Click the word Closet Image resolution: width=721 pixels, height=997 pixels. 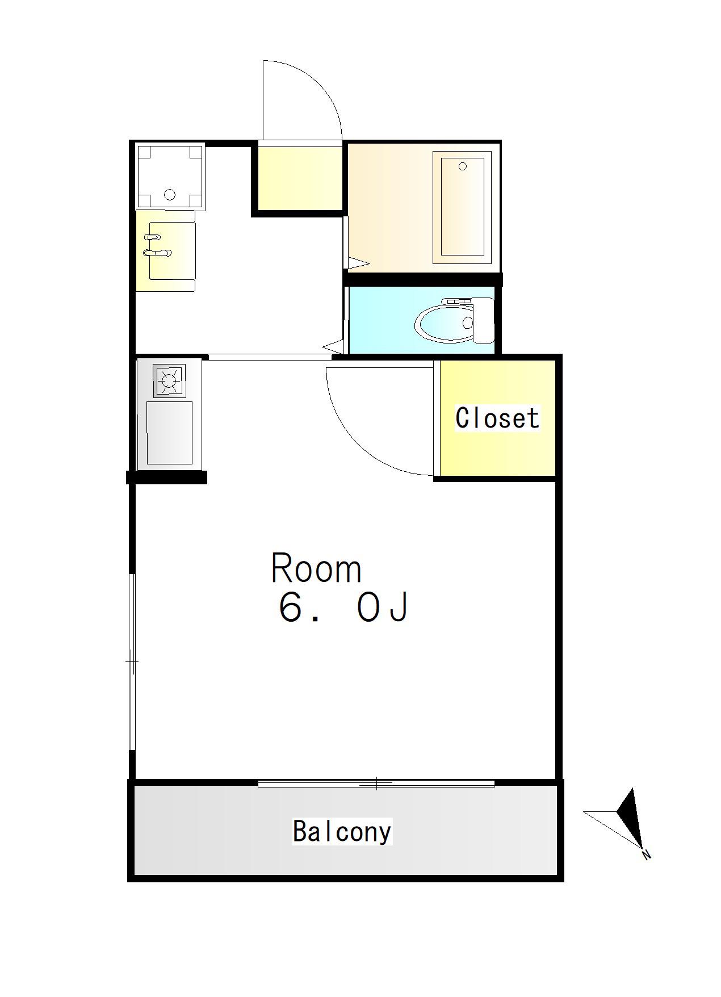[497, 418]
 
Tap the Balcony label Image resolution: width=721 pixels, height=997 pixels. [342, 831]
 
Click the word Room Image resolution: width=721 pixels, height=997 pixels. [316, 568]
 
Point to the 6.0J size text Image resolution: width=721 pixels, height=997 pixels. [343, 608]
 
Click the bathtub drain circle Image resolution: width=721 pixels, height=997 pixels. [462, 166]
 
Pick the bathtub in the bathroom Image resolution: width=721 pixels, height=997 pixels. [462, 207]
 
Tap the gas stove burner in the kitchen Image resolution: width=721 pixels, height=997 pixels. [169, 380]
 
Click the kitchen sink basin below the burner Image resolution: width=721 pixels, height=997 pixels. [169, 433]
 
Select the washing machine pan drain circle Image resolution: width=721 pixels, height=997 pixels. [169, 195]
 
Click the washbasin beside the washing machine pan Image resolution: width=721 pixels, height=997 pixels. [166, 250]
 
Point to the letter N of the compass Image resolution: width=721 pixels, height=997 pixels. [645, 854]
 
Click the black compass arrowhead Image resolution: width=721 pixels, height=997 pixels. [630, 818]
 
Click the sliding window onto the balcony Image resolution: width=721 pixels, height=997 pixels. [376, 784]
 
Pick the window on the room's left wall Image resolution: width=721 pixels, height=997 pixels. [132, 662]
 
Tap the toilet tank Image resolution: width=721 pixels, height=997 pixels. [484, 321]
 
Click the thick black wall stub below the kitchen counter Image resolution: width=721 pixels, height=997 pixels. [166, 477]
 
